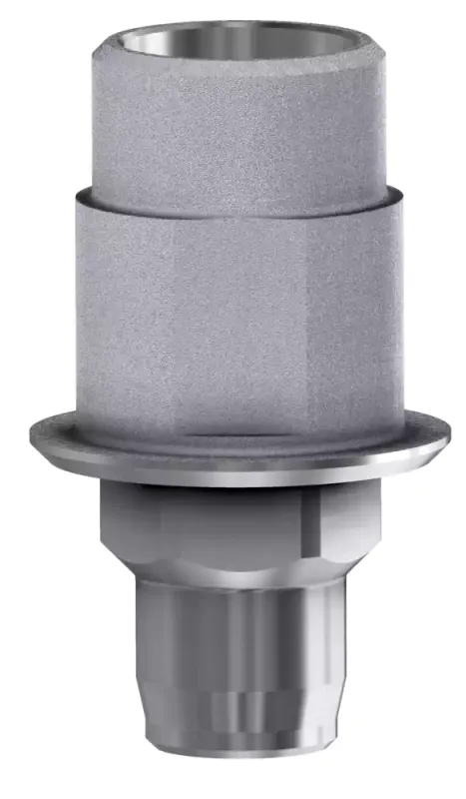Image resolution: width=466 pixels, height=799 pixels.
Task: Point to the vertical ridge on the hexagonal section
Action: [x=310, y=524]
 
